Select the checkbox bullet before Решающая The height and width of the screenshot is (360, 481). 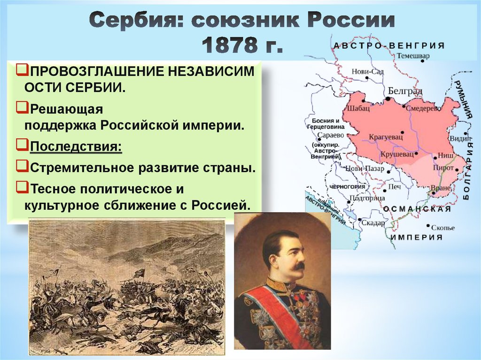point(21,108)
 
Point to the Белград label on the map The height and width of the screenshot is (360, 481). point(405,91)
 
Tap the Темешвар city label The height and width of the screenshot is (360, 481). point(413,55)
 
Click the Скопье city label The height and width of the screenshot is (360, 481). point(443,228)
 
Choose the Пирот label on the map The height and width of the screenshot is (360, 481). point(443,169)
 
